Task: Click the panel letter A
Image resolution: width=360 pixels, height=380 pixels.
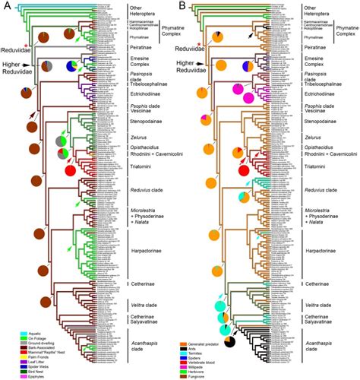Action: (6, 6)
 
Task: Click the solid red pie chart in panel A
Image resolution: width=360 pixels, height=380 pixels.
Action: (71, 173)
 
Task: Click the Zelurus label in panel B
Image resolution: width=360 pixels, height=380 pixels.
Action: (314, 138)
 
